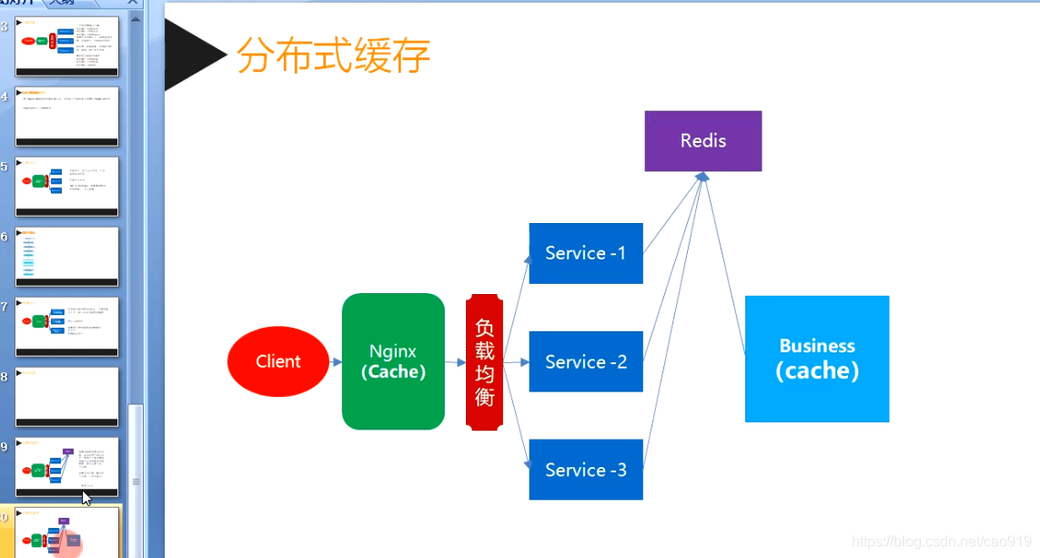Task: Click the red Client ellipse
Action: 278,361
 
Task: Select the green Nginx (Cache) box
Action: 393,361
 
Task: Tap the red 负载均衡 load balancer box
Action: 484,362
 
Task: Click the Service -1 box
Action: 586,253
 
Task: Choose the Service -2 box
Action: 586,361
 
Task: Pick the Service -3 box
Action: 586,470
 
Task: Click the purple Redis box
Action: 703,141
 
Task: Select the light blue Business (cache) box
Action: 817,359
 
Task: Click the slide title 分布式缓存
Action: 333,56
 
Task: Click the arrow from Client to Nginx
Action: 336,361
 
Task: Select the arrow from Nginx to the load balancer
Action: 455,361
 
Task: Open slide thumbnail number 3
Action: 67,46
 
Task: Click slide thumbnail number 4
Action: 67,116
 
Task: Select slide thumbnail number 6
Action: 67,256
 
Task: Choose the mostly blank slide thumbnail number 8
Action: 67,396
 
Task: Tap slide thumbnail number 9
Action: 67,466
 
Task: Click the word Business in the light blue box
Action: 817,346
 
